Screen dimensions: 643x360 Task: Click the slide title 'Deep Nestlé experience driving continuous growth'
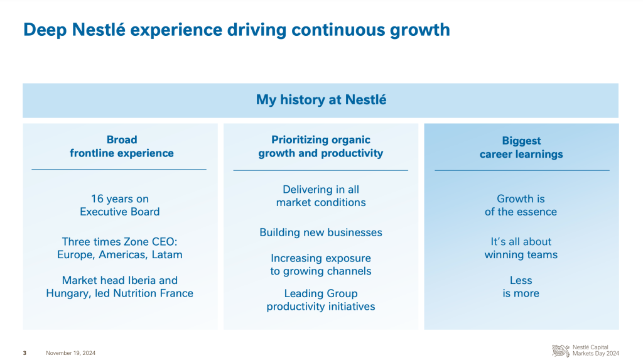point(237,30)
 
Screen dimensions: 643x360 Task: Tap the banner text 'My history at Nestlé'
point(321,100)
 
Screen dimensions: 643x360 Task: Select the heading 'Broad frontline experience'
point(122,146)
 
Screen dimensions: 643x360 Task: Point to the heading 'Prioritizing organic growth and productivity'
point(321,146)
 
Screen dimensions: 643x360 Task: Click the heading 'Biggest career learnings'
point(521,148)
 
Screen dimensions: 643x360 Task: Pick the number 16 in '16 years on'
point(97,199)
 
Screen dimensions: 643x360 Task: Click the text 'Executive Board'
point(120,212)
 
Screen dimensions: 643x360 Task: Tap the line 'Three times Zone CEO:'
point(120,241)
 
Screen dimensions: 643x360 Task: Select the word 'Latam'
point(167,254)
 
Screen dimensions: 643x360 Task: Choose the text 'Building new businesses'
point(321,232)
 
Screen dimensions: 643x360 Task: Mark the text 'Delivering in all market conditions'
point(321,196)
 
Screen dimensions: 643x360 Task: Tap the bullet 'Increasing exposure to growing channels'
point(321,265)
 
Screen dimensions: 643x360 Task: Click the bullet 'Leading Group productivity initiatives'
point(321,300)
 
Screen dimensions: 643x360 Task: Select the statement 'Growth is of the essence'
point(521,205)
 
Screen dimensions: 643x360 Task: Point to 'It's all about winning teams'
point(521,248)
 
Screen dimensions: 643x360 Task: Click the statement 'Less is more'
point(521,287)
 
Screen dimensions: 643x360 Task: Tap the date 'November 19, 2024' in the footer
point(70,353)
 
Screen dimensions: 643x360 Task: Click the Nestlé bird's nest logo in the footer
point(561,351)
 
